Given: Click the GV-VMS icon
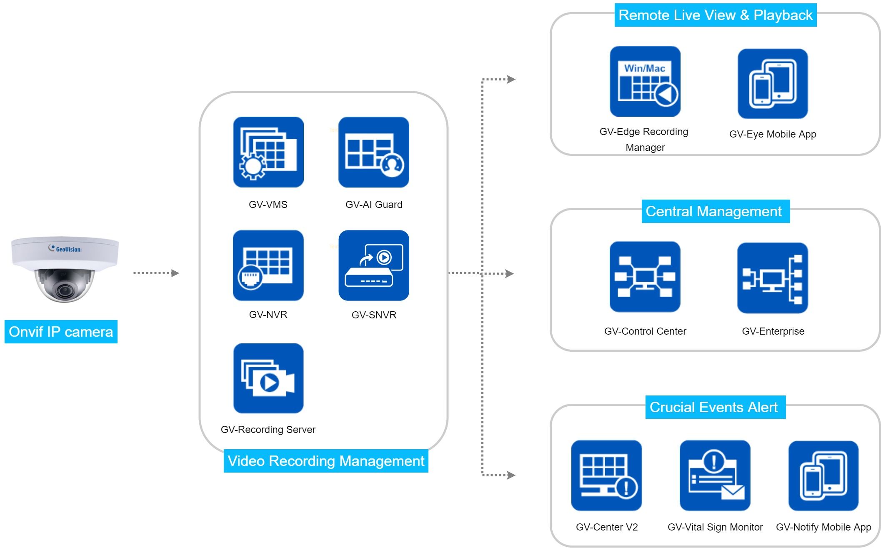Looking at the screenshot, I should click(x=268, y=152).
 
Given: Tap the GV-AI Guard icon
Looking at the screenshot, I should click(x=374, y=152).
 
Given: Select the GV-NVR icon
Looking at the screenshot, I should click(x=268, y=265).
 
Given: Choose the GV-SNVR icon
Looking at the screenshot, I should click(x=374, y=265).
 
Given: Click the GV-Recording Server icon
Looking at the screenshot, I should click(x=268, y=378).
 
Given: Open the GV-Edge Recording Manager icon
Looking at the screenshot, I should click(x=645, y=82).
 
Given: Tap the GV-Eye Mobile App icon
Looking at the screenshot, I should click(x=773, y=84).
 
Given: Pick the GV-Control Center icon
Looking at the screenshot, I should click(x=645, y=277).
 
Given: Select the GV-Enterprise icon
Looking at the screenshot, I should click(x=773, y=278).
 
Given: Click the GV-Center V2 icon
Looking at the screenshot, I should click(x=607, y=475).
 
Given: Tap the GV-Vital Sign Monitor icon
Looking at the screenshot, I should click(x=715, y=475).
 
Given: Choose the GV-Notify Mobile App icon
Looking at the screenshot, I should click(x=823, y=476).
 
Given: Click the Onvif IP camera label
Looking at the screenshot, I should click(x=61, y=332).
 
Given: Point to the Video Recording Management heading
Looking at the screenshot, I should click(x=326, y=461).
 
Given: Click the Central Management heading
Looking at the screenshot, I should click(x=713, y=211).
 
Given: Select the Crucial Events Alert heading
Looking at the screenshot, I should click(x=713, y=407).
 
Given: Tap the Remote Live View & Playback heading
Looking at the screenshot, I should click(x=716, y=15).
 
